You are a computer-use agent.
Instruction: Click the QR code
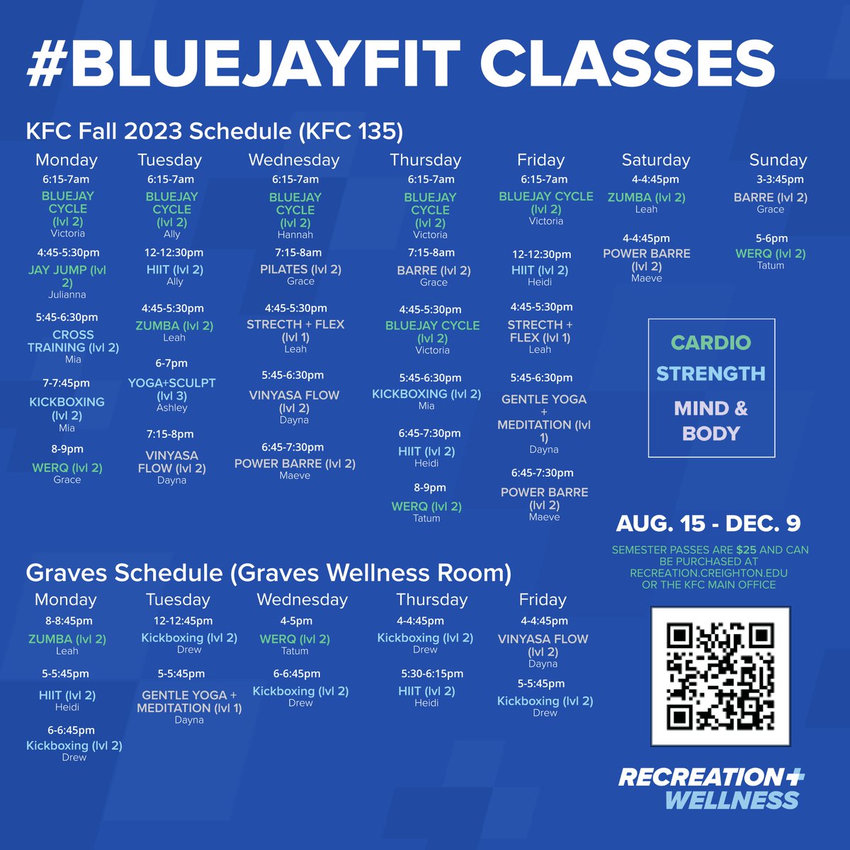[x=720, y=676]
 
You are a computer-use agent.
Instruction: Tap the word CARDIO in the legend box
[x=710, y=343]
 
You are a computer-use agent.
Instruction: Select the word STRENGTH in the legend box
[x=710, y=374]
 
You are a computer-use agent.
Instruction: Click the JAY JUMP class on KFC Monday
[x=67, y=276]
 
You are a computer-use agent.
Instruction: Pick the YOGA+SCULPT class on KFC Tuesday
[x=171, y=389]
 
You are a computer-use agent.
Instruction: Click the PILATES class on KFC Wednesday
[x=300, y=269]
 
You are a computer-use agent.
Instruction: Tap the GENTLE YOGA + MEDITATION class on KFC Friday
[x=544, y=418]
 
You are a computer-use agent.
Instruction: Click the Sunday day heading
[x=778, y=160]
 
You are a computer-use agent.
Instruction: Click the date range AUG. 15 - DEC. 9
[x=708, y=523]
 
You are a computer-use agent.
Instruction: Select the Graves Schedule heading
[x=268, y=572]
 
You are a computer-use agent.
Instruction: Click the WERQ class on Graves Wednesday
[x=295, y=639]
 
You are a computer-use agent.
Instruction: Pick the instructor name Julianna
[x=67, y=294]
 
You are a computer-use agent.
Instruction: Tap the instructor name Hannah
[x=295, y=234]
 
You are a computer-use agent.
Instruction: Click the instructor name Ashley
[x=171, y=408]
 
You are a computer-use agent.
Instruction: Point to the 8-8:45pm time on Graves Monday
[x=64, y=620]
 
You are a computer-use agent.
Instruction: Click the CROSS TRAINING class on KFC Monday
[x=73, y=341]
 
